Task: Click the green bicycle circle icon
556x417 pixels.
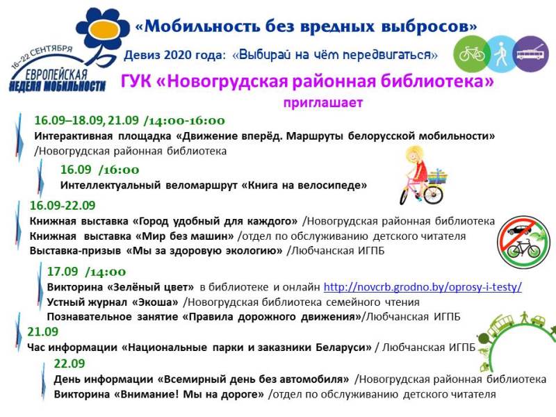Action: pyautogui.click(x=472, y=54)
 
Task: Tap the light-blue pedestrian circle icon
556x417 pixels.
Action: pyautogui.click(x=501, y=54)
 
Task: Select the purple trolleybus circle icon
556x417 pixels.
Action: pyautogui.click(x=531, y=54)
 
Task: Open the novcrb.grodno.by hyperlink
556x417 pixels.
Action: pyautogui.click(x=423, y=286)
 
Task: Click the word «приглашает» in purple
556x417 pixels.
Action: pyautogui.click(x=323, y=102)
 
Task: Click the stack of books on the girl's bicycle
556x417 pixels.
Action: pyautogui.click(x=438, y=177)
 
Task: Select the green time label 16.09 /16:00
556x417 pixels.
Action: pyautogui.click(x=99, y=170)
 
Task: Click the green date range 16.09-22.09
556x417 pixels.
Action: pyautogui.click(x=63, y=205)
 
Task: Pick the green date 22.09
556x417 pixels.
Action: pyautogui.click(x=69, y=363)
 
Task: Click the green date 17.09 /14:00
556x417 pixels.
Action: pyautogui.click(x=86, y=272)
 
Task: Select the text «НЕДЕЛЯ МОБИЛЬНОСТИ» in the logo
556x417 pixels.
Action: pyautogui.click(x=58, y=85)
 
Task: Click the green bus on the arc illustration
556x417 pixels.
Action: pyautogui.click(x=500, y=325)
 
